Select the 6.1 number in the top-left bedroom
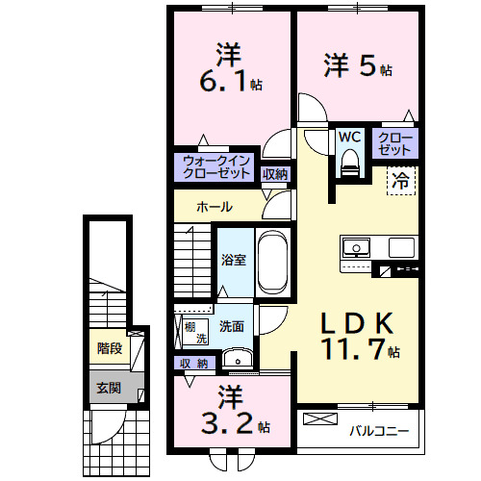[223, 82]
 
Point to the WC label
[348, 138]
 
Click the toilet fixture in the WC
[348, 164]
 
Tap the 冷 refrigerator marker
[400, 179]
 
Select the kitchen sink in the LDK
[356, 247]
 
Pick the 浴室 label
[233, 260]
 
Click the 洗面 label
[231, 326]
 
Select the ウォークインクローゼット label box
[216, 166]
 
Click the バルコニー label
[379, 431]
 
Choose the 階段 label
[109, 348]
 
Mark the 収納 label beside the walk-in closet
[275, 174]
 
